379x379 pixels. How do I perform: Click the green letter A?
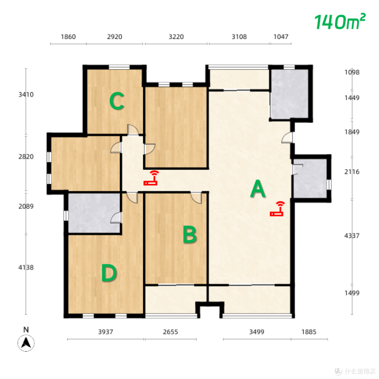(x=258, y=188)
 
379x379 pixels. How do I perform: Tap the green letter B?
(x=190, y=234)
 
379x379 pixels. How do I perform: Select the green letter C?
(x=117, y=101)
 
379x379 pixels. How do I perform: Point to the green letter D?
(x=109, y=273)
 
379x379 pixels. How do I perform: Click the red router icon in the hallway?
(x=151, y=178)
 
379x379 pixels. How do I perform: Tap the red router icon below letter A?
(x=277, y=208)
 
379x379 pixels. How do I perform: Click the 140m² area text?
(x=340, y=22)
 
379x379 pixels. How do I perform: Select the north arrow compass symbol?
(x=26, y=343)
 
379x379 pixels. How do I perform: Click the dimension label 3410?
(x=26, y=94)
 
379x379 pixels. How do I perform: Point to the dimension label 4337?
(x=352, y=236)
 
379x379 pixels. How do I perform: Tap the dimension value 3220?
(x=176, y=37)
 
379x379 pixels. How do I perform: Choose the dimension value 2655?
(x=171, y=332)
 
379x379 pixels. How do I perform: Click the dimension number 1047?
(x=281, y=37)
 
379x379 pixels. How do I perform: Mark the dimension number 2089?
(x=26, y=206)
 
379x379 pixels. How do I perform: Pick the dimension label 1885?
(x=309, y=332)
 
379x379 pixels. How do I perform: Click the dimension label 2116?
(x=352, y=172)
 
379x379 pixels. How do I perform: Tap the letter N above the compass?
(x=26, y=330)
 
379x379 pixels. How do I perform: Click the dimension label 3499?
(x=257, y=332)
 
